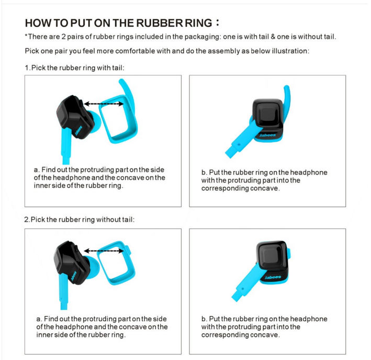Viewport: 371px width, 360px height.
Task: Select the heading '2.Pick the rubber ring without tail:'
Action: tap(80, 219)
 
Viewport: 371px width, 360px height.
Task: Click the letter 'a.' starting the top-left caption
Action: tap(37, 170)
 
